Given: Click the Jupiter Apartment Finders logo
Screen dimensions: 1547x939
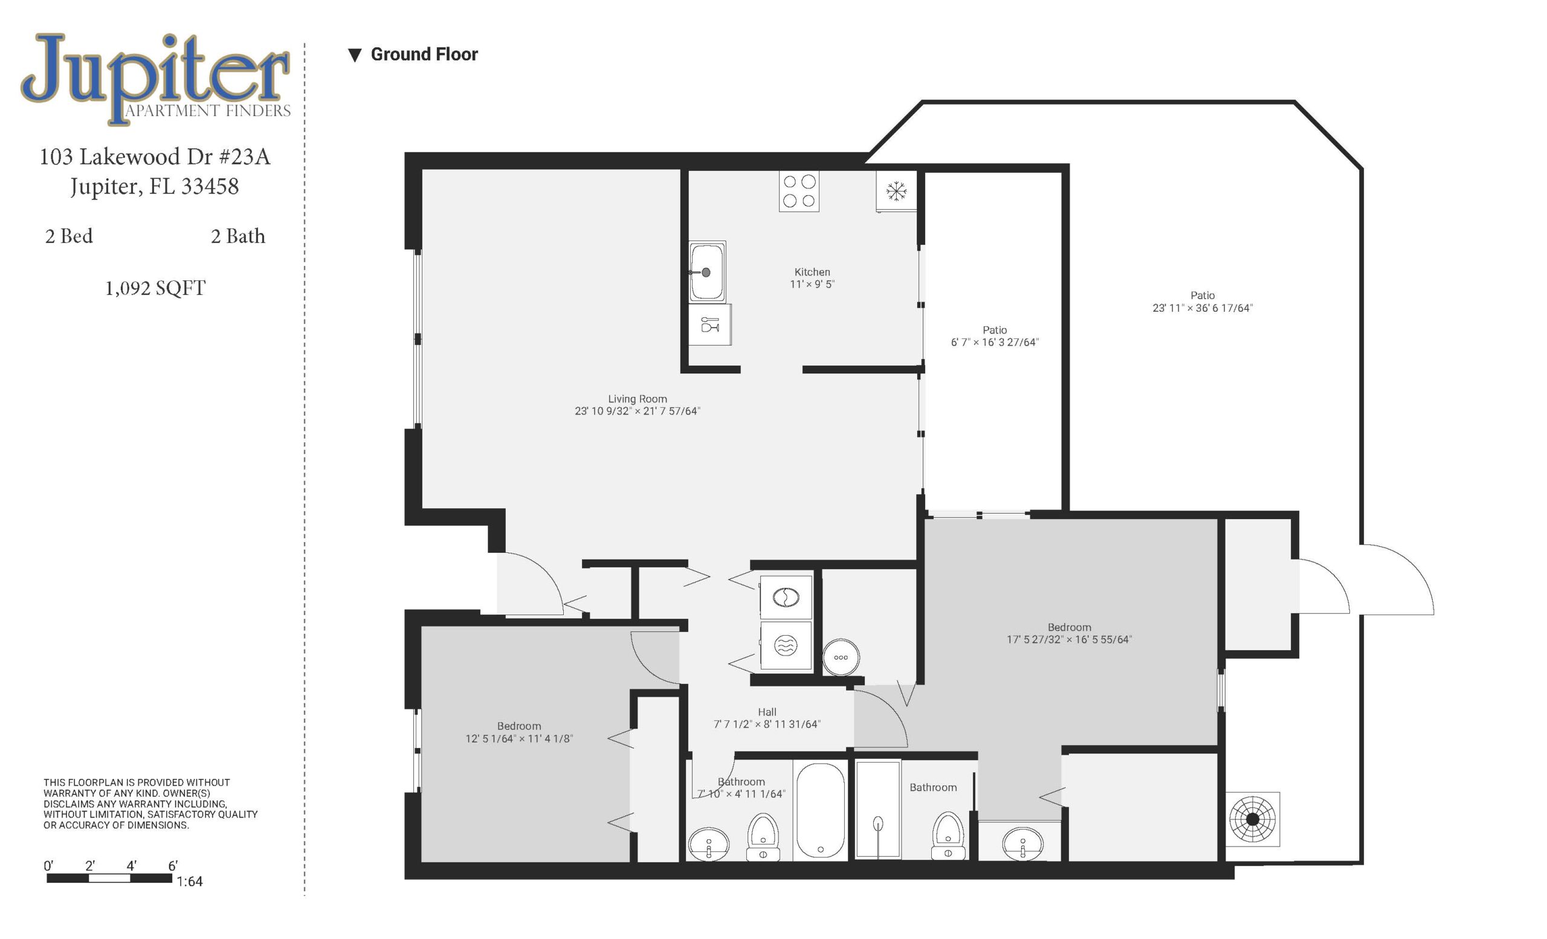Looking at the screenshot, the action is (x=156, y=79).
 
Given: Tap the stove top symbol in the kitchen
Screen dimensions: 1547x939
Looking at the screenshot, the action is (x=799, y=192).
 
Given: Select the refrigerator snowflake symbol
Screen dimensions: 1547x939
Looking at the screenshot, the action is (x=897, y=191).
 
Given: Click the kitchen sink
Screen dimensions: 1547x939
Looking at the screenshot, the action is (x=707, y=272).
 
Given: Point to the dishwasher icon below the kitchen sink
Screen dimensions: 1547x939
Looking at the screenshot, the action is (x=710, y=325).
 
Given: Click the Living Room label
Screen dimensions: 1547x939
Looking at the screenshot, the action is (x=638, y=399).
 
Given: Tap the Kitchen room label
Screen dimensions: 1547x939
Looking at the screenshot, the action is (x=812, y=272).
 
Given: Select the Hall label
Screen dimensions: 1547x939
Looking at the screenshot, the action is (x=767, y=712).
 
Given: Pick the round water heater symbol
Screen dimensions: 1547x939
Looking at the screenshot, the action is (x=841, y=657).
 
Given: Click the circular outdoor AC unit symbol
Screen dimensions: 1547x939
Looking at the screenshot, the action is (x=1253, y=819).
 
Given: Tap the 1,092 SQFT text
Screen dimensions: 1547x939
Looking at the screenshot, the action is (x=155, y=288).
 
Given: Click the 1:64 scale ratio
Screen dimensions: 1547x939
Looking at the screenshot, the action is (x=190, y=881).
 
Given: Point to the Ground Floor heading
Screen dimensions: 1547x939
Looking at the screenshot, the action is (x=424, y=54).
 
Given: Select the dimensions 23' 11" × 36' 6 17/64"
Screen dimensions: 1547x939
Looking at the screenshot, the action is (x=1203, y=308).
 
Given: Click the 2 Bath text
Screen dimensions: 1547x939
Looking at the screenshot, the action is (x=238, y=236).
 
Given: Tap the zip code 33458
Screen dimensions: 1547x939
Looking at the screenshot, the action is (x=210, y=187).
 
